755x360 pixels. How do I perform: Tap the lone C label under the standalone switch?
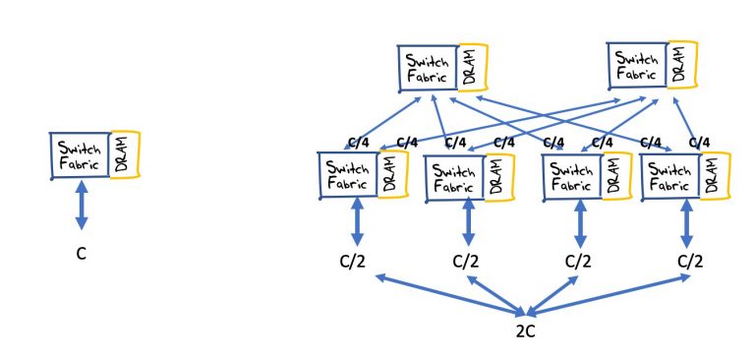point(82,254)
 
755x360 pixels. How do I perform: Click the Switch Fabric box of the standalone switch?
point(80,156)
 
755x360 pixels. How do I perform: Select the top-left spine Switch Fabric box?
point(428,66)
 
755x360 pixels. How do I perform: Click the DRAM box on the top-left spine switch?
point(474,64)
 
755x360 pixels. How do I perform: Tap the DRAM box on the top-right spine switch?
point(681,62)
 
